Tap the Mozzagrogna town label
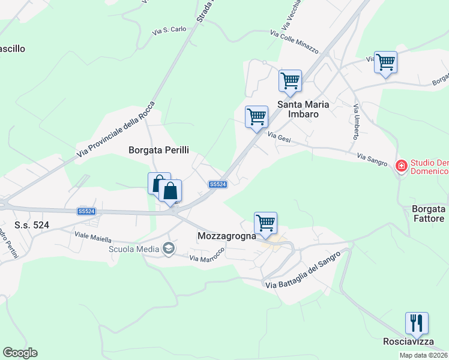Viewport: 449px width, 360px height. [x=227, y=236]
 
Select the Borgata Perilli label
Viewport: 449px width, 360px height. [x=155, y=151]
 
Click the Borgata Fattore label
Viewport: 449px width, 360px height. [x=429, y=214]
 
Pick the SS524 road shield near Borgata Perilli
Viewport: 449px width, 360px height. [x=217, y=185]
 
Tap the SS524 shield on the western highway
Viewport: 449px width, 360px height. [x=86, y=211]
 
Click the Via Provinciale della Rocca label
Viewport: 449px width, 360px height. [x=116, y=131]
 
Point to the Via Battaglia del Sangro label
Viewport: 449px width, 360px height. [x=303, y=271]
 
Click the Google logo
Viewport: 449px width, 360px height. [x=20, y=353]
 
